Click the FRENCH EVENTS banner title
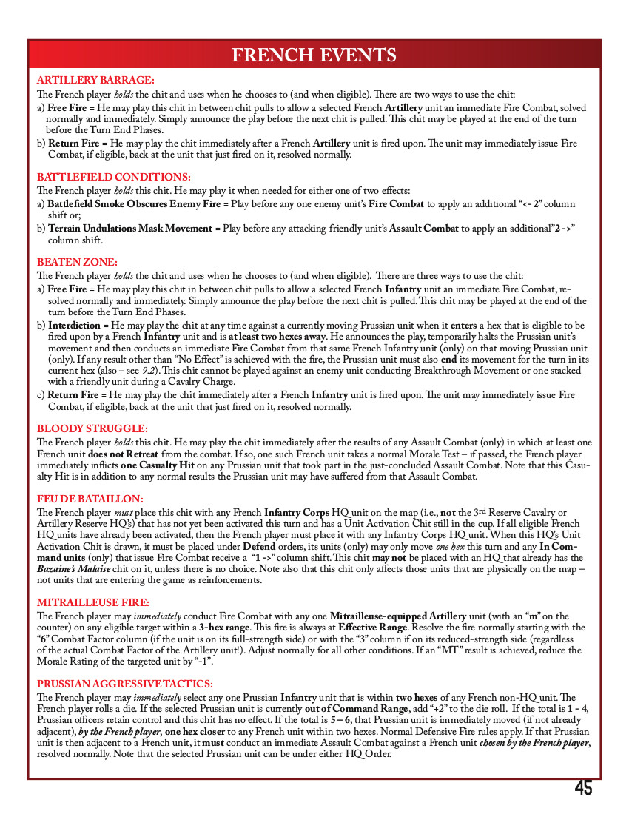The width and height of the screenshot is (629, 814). click(314, 55)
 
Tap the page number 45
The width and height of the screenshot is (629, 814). click(583, 789)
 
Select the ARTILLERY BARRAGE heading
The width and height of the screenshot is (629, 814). click(95, 79)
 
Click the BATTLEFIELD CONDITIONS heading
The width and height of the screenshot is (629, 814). click(114, 177)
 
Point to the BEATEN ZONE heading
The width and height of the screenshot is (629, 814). click(77, 262)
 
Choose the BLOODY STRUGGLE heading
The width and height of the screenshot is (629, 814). click(92, 428)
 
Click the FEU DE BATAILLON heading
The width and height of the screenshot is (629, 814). click(90, 499)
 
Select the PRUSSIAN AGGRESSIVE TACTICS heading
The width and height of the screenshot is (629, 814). click(125, 684)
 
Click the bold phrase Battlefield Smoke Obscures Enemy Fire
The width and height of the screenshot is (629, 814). click(129, 203)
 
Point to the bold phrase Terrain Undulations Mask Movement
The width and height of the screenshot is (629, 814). click(130, 229)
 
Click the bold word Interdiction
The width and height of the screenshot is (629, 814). click(74, 325)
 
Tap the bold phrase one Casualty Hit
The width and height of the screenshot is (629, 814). click(161, 465)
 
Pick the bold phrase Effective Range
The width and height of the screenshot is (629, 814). click(367, 628)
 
